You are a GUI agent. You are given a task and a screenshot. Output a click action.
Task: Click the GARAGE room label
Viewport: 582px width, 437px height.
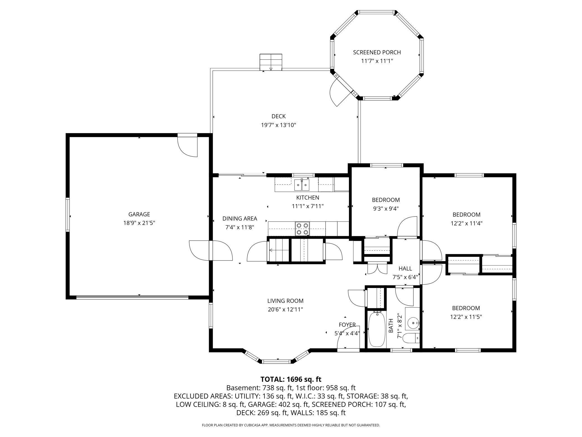(139, 214)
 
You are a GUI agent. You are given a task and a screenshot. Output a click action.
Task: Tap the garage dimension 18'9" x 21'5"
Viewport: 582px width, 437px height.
(139, 223)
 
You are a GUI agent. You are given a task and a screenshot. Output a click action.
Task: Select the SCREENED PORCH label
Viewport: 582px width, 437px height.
(377, 52)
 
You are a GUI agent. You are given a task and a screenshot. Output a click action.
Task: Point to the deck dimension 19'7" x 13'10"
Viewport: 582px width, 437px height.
(278, 125)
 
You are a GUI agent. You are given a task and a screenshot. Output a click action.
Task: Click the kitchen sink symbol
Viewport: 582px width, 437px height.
(302, 185)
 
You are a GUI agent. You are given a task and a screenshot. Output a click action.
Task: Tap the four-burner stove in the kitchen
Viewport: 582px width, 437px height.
(302, 229)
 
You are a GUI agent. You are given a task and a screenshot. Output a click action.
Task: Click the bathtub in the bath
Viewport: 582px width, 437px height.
(376, 329)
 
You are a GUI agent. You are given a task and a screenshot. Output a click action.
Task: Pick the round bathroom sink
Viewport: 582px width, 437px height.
(413, 323)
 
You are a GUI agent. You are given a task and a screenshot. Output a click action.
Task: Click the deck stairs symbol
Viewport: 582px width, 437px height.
(271, 62)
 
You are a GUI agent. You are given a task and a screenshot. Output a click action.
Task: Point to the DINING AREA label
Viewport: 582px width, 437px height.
(240, 218)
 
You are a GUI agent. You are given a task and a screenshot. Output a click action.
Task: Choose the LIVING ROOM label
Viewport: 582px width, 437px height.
(285, 301)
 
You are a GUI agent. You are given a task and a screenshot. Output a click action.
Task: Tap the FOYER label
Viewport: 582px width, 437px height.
(347, 325)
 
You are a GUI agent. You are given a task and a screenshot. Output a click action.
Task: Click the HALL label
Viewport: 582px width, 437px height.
(405, 269)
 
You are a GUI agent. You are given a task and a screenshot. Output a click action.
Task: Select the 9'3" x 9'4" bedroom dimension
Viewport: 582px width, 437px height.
(386, 208)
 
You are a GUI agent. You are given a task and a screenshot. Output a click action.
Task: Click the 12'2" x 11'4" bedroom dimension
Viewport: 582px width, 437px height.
(466, 223)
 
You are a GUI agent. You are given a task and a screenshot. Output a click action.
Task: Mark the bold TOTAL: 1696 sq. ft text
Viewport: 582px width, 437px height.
(291, 379)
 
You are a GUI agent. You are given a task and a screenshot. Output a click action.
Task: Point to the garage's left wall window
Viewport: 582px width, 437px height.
(67, 215)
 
